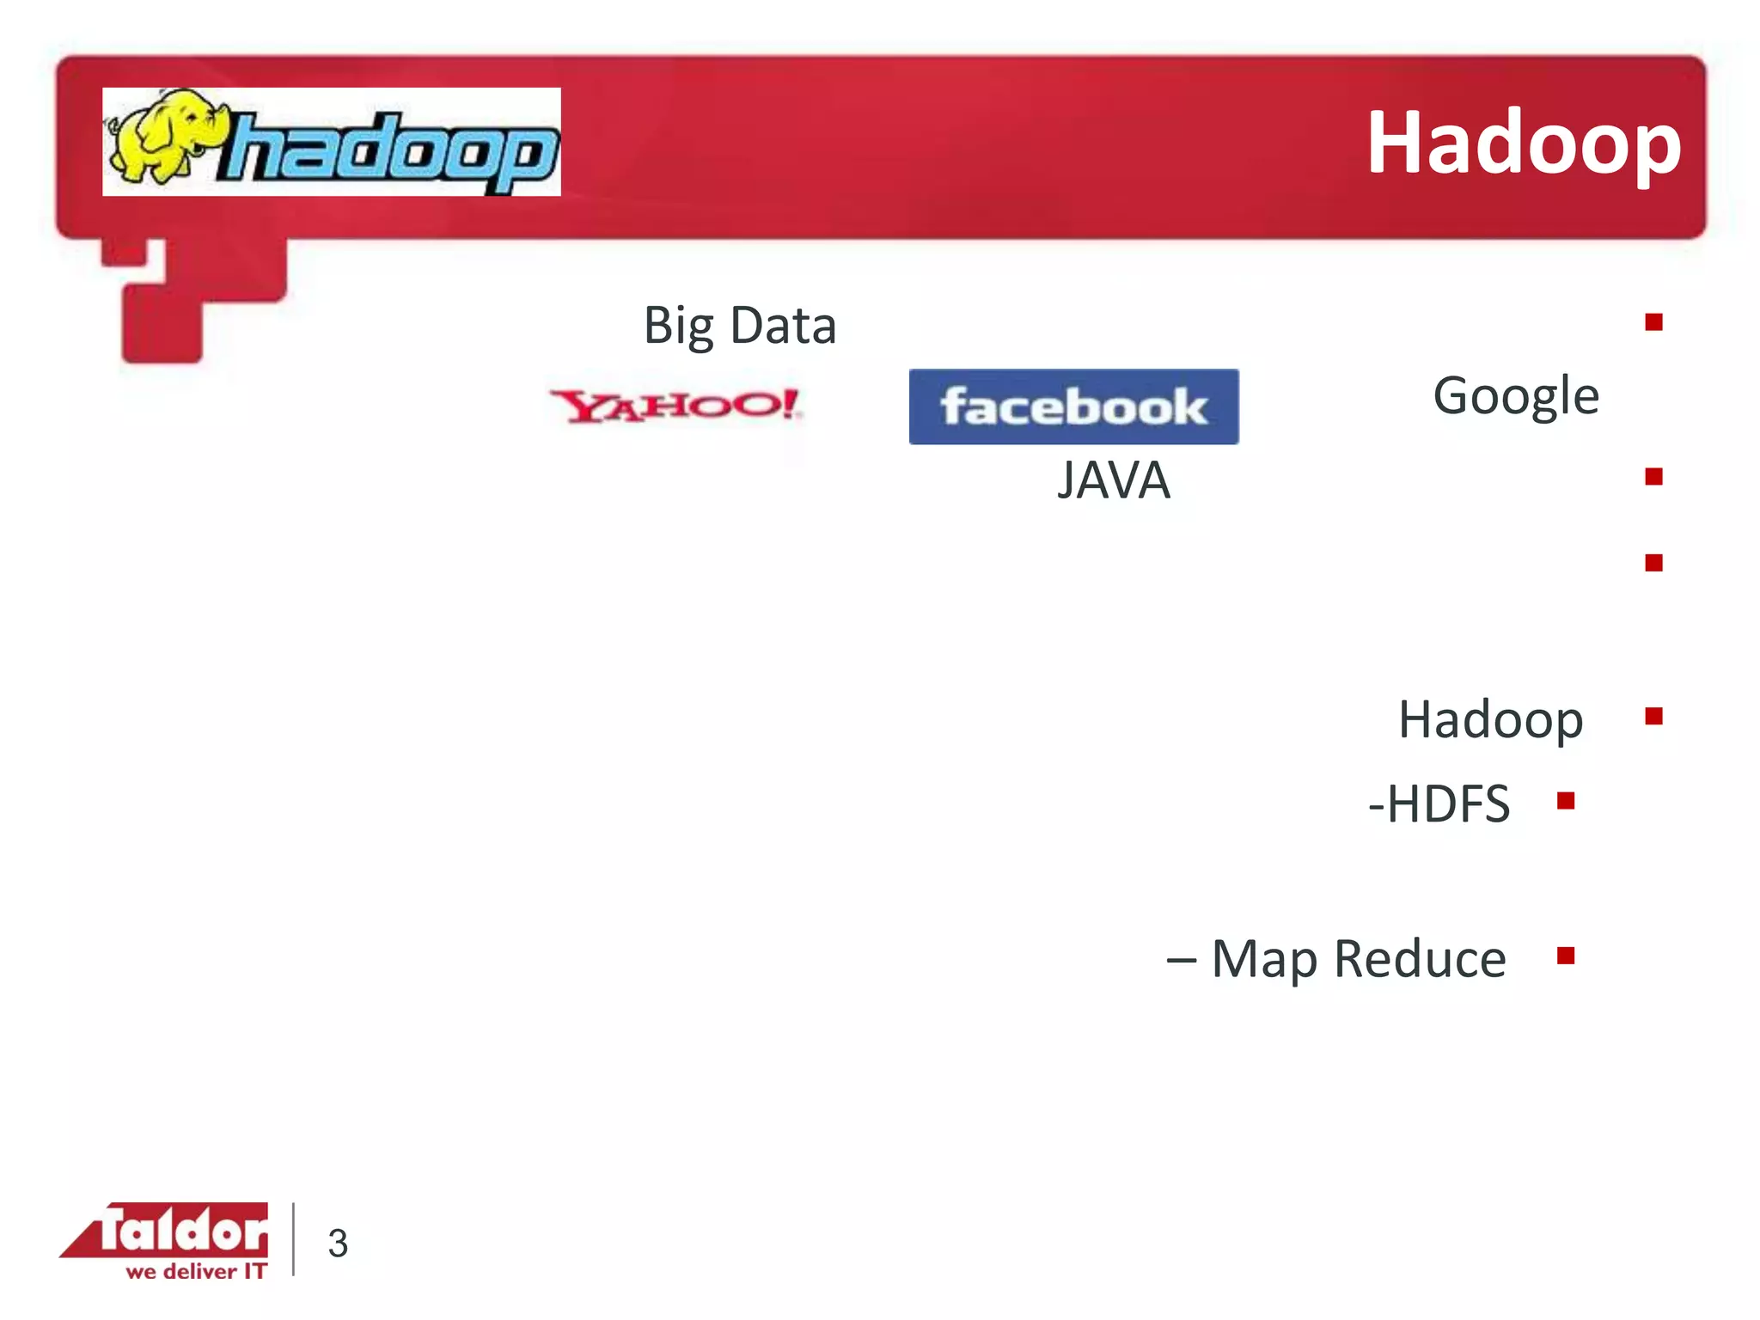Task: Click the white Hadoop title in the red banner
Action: click(1523, 144)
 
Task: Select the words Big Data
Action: click(740, 326)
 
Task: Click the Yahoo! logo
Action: click(676, 406)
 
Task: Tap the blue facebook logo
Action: click(1073, 406)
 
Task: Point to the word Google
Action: click(1515, 396)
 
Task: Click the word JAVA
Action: click(1113, 480)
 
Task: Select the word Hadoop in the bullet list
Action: click(1490, 719)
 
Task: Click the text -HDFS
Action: click(1439, 804)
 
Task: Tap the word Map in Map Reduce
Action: click(1263, 959)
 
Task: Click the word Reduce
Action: click(1420, 959)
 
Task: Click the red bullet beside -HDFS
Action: click(1566, 801)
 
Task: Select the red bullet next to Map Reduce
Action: click(1566, 956)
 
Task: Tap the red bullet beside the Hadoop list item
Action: click(1653, 716)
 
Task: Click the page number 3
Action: click(338, 1244)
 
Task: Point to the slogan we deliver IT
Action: click(196, 1271)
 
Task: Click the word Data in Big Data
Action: click(783, 326)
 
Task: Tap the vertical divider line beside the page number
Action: click(294, 1238)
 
